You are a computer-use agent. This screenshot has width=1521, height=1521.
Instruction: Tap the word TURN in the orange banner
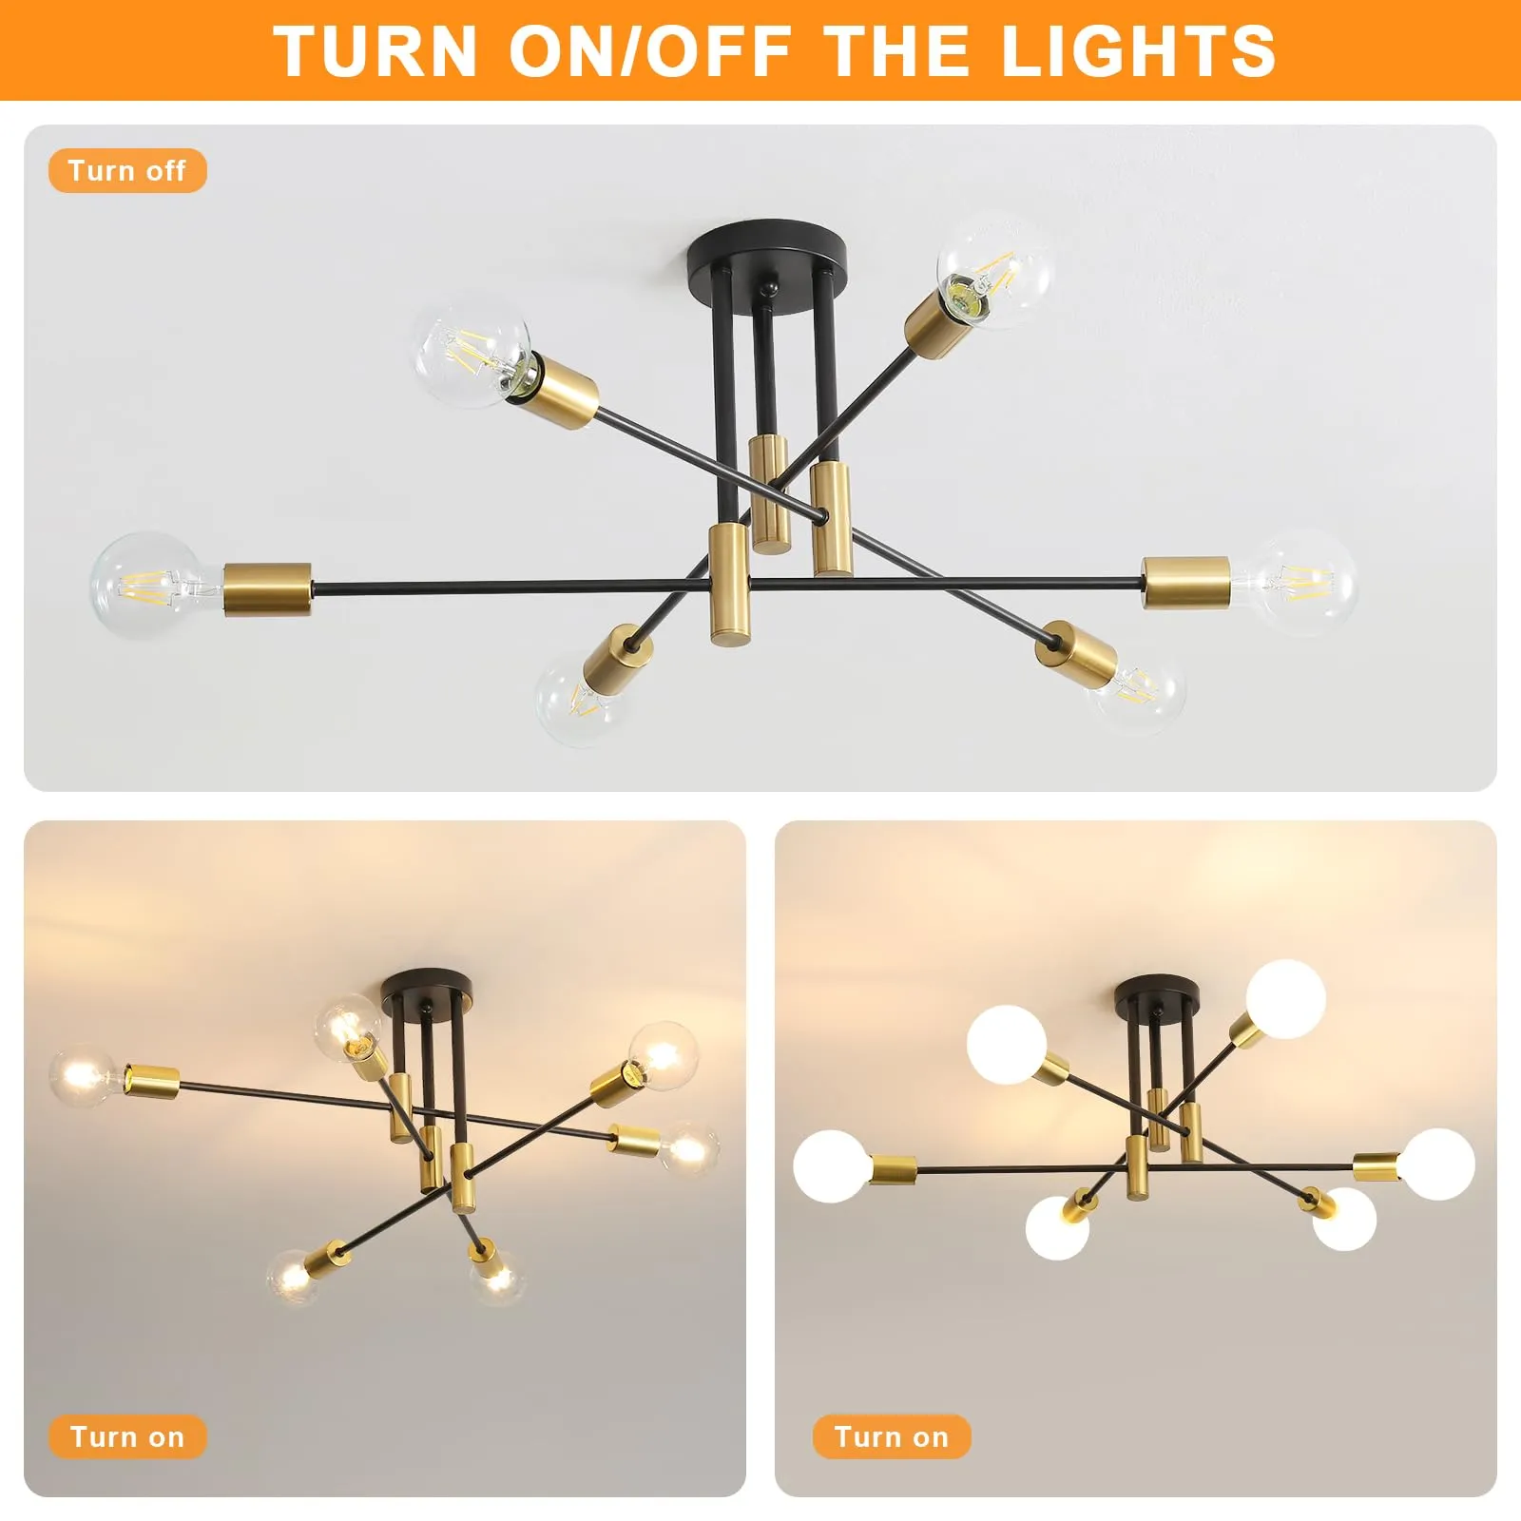click(375, 50)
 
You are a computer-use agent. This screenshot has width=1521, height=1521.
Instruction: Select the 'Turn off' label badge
click(127, 171)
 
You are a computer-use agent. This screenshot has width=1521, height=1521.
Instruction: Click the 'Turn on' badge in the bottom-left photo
click(127, 1436)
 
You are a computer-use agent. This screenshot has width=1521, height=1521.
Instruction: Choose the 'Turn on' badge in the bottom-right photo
click(892, 1436)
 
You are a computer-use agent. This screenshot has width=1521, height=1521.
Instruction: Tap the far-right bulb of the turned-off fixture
click(1299, 582)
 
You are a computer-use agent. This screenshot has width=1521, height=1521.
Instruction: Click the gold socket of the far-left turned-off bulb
click(268, 589)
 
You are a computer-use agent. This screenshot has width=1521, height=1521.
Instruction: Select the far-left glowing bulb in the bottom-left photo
click(86, 1077)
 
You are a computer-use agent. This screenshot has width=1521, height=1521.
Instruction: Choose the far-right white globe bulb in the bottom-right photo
click(1437, 1164)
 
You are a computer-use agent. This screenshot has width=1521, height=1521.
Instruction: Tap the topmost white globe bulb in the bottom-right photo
click(1286, 999)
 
